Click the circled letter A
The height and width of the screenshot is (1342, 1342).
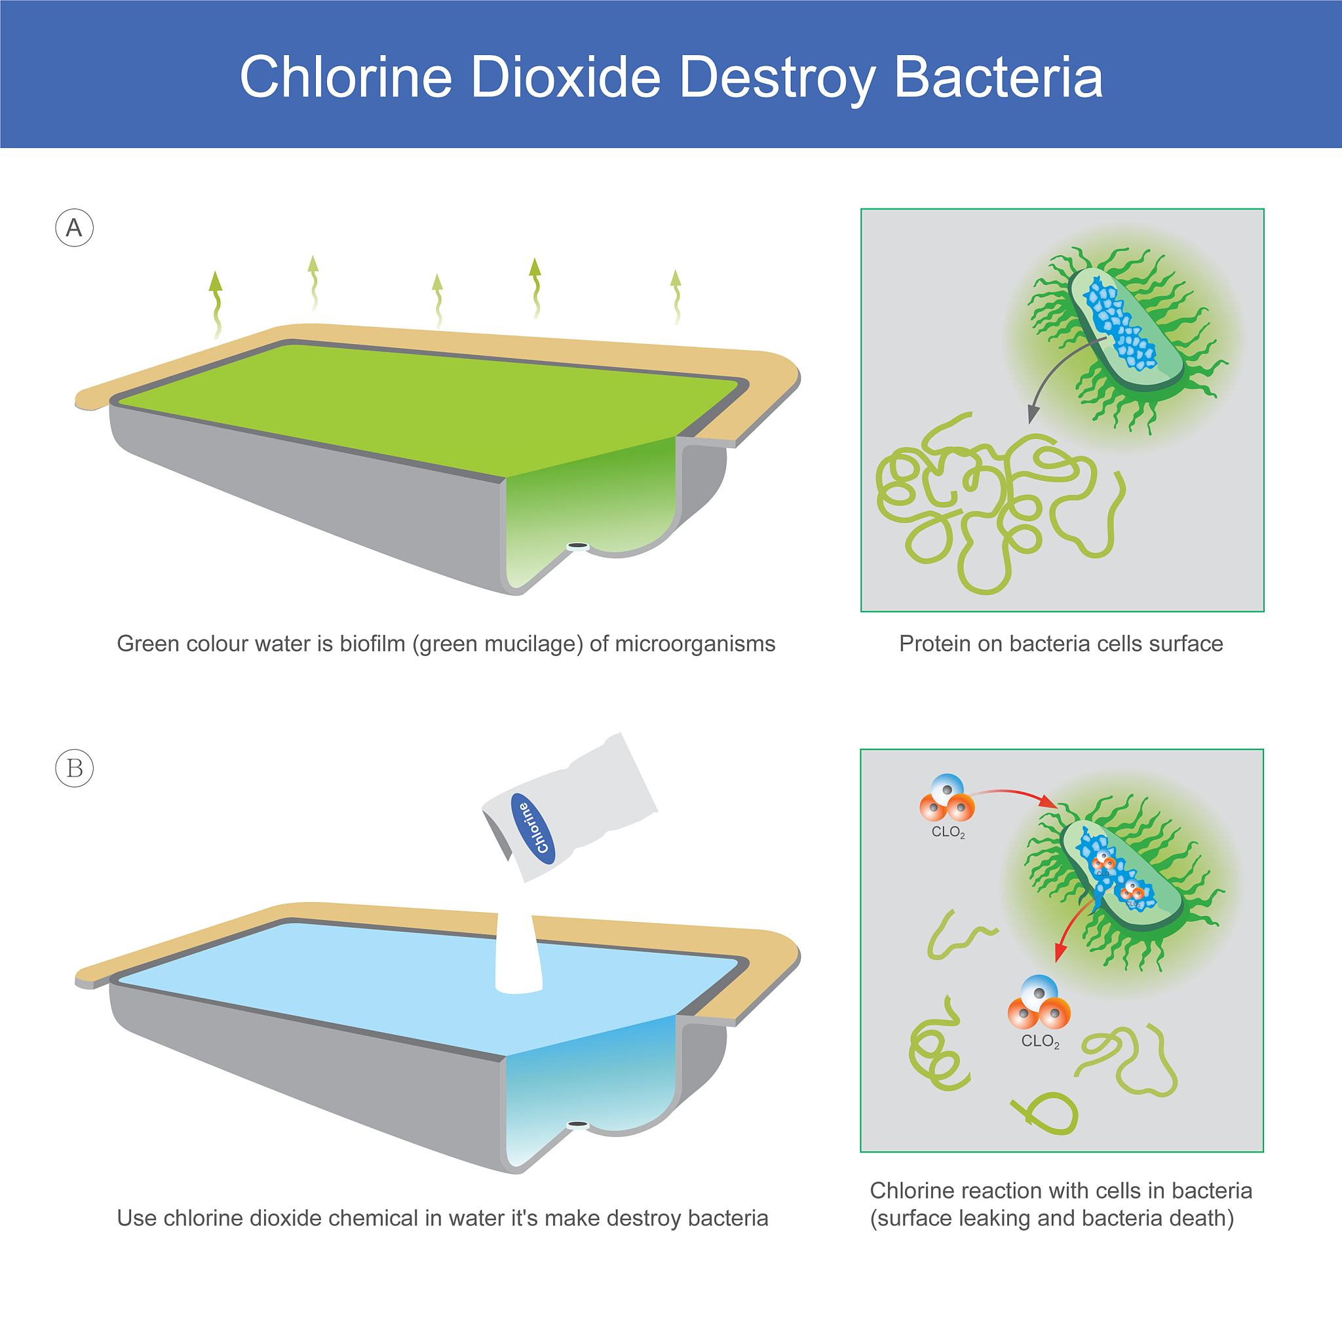click(x=74, y=228)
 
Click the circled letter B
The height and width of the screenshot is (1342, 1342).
click(x=74, y=768)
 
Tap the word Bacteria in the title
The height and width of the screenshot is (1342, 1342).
click(x=998, y=77)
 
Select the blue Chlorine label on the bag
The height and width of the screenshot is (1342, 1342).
click(x=533, y=829)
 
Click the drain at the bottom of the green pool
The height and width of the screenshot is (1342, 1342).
click(x=578, y=546)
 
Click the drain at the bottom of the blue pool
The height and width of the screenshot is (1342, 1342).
click(x=578, y=1124)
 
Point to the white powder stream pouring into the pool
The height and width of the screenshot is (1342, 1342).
click(x=518, y=953)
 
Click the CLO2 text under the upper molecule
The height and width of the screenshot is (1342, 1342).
click(x=948, y=832)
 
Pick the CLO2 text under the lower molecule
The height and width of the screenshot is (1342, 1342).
click(x=1041, y=1041)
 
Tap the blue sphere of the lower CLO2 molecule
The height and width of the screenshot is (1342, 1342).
click(x=1039, y=993)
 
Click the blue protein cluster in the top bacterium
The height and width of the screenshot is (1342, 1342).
click(x=1120, y=324)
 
